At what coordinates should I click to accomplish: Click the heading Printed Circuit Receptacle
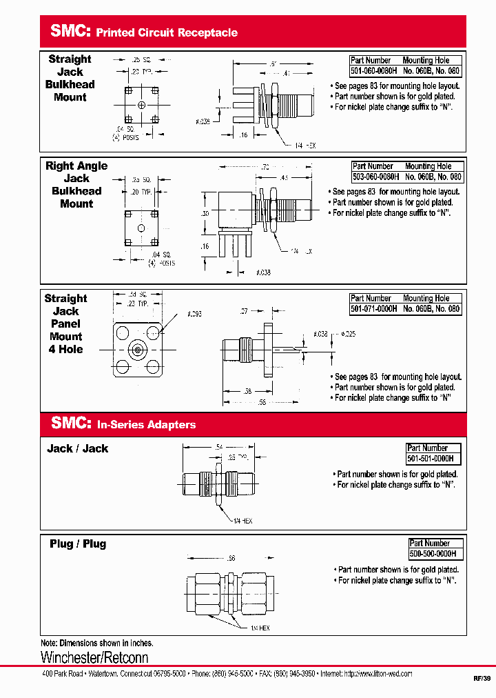pyautogui.click(x=167, y=32)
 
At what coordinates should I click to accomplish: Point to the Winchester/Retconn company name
pyautogui.click(x=94, y=657)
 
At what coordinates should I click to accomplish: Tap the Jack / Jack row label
pyautogui.click(x=77, y=449)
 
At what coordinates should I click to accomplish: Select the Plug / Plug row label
pyautogui.click(x=78, y=544)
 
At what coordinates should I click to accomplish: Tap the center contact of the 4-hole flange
pyautogui.click(x=137, y=350)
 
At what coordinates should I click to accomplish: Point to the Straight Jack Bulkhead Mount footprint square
pyautogui.click(x=141, y=106)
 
